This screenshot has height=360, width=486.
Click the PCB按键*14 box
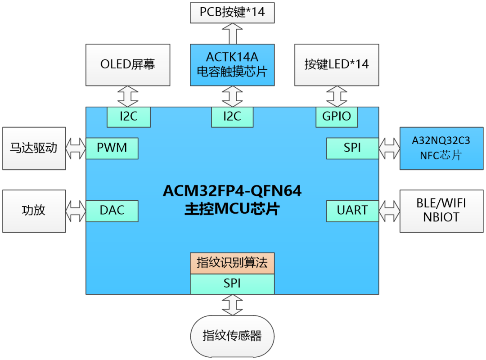[232, 12]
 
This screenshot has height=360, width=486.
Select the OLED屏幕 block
[128, 65]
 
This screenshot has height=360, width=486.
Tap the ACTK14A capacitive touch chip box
[232, 65]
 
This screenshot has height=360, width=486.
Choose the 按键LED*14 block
[336, 65]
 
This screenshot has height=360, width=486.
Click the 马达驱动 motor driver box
[34, 148]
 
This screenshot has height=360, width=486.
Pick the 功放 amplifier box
[34, 211]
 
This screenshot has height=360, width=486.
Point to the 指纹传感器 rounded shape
[232, 336]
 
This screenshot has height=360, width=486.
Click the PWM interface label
[112, 148]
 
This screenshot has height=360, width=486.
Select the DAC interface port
[112, 211]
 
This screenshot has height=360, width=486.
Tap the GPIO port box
[336, 117]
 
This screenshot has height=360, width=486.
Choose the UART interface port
[352, 211]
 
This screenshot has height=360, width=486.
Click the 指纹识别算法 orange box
[232, 263]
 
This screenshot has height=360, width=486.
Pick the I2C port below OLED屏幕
[128, 117]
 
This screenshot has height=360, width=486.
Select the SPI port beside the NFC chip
[352, 148]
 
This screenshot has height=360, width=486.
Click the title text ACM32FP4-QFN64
[232, 191]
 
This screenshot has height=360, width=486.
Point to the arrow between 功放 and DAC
[76, 211]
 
